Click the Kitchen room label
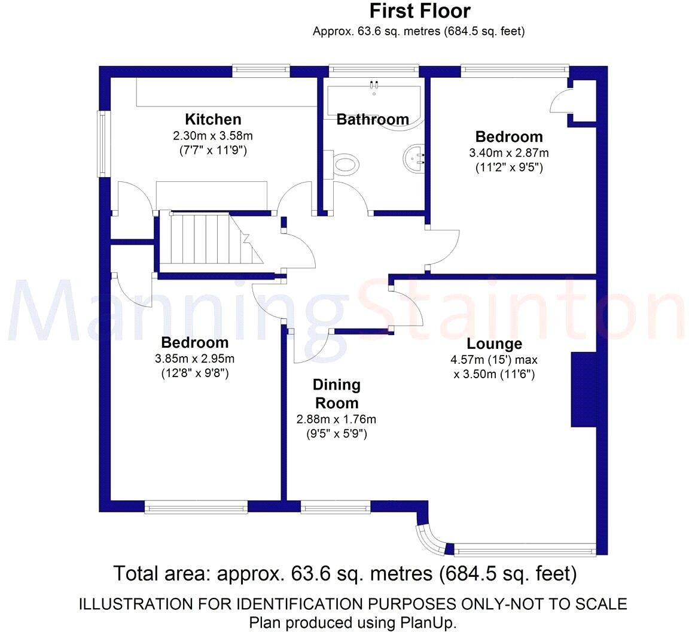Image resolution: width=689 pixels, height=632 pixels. coord(213,119)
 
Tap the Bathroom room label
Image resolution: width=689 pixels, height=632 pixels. coord(373,120)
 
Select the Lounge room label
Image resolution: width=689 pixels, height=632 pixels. coord(494,344)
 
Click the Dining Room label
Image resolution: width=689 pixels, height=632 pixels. coord(336,393)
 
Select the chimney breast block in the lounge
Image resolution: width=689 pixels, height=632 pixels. coord(584,390)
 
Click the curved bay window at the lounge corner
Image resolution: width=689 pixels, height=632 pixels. coord(429,536)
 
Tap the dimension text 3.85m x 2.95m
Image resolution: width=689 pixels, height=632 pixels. coord(194,359)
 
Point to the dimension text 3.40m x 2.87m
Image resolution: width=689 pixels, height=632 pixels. coord(509,153)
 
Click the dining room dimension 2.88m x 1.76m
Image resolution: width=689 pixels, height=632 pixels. coord(336,420)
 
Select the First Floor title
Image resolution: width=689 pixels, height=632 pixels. coord(419,11)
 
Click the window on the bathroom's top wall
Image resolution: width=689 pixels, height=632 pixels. coord(373,71)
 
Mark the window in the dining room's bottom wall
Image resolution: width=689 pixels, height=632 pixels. coord(335,508)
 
